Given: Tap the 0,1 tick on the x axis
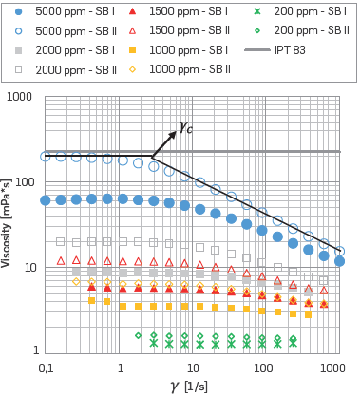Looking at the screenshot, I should [46, 368].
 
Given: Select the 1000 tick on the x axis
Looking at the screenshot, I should [332, 368].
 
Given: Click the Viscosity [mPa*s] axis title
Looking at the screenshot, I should [8, 224].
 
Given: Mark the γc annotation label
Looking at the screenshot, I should [186, 126].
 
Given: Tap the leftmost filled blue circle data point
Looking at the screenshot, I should [46, 200].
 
